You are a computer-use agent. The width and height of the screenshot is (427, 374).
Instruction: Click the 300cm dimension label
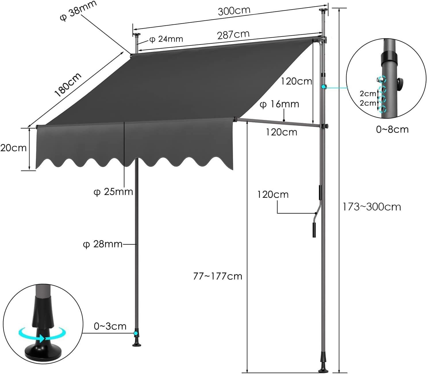(x=234, y=11)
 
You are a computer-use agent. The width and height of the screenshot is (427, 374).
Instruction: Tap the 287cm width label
(x=233, y=35)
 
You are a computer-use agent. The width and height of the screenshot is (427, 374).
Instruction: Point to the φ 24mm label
(x=166, y=39)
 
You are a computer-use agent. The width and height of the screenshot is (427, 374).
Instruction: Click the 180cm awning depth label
(x=68, y=85)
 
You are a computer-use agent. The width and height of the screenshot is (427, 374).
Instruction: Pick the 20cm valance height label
(x=13, y=148)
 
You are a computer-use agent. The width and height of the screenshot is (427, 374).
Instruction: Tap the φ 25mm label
(x=113, y=192)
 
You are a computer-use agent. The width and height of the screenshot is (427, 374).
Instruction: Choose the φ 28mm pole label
(x=103, y=244)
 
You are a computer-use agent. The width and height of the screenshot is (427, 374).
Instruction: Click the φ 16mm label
(x=279, y=104)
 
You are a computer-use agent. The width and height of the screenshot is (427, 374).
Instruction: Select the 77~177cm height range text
(x=218, y=276)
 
